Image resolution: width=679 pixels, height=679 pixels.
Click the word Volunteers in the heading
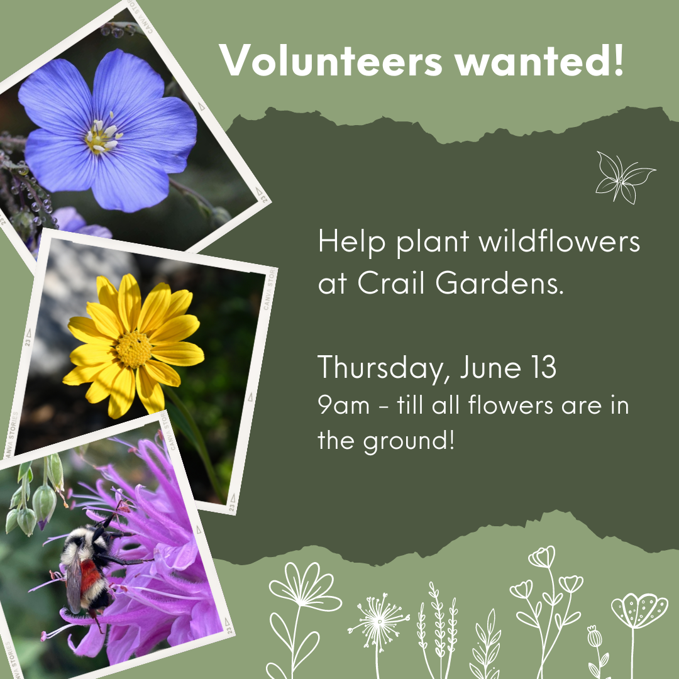pos(331,60)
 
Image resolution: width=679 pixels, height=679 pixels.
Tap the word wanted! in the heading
pos(539,60)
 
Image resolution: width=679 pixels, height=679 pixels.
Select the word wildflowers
pos(559,241)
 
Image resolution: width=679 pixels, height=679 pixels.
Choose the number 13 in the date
pos(542,367)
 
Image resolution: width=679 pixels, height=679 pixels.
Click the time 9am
pos(344,406)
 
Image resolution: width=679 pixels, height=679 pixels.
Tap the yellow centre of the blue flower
pos(102,137)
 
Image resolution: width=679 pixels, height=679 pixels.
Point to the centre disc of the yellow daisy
pos(133,349)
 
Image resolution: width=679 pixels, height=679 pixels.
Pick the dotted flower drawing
pos(639,610)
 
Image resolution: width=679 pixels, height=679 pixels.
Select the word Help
pos(351,241)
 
